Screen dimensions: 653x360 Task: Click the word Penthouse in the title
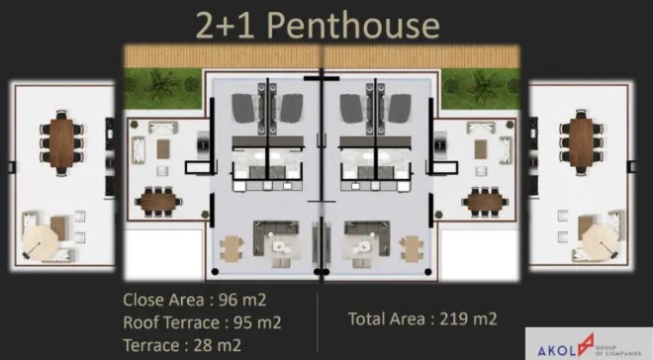tap(353, 26)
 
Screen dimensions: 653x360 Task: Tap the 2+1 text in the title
tap(225, 26)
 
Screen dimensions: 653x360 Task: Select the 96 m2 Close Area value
tap(242, 300)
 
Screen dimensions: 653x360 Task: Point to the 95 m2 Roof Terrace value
tap(257, 322)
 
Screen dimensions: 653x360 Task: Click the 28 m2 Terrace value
tap(218, 345)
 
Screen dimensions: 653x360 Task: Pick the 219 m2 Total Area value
tap(469, 319)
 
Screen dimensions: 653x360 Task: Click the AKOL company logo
tap(589, 344)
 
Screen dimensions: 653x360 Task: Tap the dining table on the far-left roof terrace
tap(61, 142)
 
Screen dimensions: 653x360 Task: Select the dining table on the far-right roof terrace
tap(581, 142)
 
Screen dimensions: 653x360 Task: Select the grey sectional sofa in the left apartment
tap(276, 236)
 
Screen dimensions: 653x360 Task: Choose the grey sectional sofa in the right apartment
tap(367, 236)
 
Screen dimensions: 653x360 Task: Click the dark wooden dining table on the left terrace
tap(158, 203)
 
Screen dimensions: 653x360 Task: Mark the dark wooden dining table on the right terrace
tap(485, 203)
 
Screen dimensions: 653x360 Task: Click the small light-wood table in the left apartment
tap(232, 248)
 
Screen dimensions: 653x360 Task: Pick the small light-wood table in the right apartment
tap(413, 248)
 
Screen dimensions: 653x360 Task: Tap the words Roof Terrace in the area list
tap(171, 322)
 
